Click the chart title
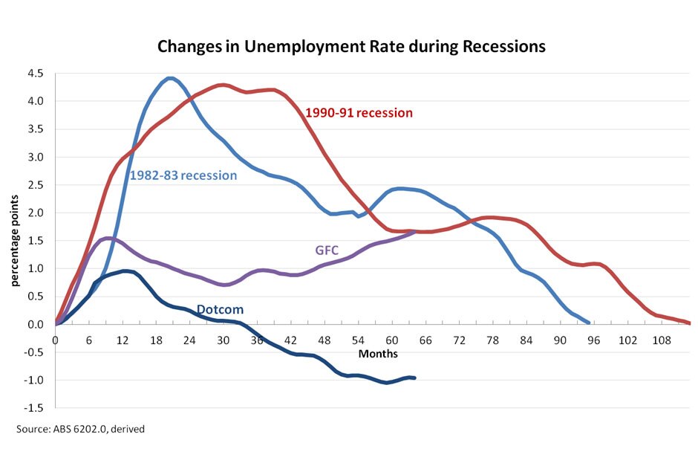pos(351,46)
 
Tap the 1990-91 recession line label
pos(359,113)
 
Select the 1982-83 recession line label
pos(183,175)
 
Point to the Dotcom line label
pos(220,309)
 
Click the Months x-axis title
pos(378,354)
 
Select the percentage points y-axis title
pos(16,240)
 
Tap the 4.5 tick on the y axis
pos(36,73)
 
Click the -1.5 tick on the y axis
pos(34,408)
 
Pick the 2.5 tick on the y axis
pos(36,184)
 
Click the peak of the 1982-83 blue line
pos(170,78)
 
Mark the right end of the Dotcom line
pos(414,378)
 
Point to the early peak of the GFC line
pos(108,239)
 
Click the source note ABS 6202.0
pos(86,429)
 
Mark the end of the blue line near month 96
pos(588,323)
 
